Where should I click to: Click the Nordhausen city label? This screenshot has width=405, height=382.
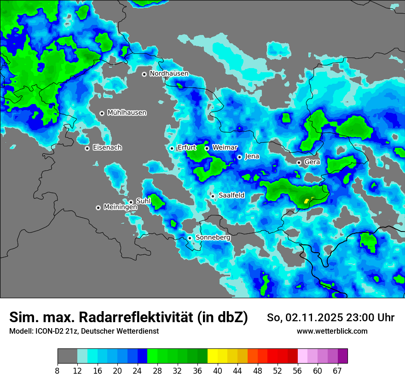click(169, 74)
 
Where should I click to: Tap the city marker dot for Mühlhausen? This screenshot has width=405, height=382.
click(102, 113)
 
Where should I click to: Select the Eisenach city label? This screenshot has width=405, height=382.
click(107, 148)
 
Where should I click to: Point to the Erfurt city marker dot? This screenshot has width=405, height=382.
click(172, 148)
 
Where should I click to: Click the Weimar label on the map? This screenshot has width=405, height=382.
click(225, 148)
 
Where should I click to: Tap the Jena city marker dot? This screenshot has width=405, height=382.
click(239, 157)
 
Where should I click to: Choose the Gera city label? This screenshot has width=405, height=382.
click(312, 162)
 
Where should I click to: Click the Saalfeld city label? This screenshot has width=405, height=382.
click(231, 196)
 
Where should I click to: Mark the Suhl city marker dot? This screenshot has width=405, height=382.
click(131, 202)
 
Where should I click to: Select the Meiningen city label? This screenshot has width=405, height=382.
click(120, 207)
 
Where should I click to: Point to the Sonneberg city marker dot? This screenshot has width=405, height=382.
click(190, 238)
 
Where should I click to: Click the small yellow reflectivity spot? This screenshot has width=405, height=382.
click(307, 200)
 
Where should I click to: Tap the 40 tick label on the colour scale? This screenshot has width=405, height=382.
click(217, 371)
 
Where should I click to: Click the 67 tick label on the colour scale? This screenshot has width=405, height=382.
click(337, 371)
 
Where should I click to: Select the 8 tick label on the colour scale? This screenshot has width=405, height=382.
click(57, 371)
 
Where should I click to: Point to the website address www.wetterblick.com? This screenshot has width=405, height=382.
click(332, 331)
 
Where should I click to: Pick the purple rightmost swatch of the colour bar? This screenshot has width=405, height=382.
click(343, 356)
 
